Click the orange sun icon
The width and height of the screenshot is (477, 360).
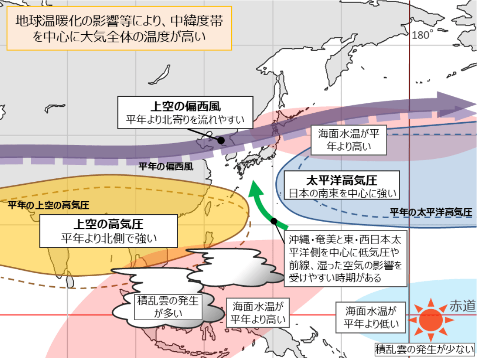(x=431, y=320)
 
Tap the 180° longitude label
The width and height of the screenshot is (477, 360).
(x=423, y=35)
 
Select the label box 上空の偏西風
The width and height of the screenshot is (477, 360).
(x=186, y=112)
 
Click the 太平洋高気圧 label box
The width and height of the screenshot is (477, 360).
(x=341, y=185)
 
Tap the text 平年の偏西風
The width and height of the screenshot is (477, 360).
(x=166, y=166)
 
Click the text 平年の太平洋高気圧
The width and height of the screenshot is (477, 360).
(x=431, y=212)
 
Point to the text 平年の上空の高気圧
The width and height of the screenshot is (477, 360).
(x=49, y=205)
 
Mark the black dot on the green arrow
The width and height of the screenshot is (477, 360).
(x=274, y=221)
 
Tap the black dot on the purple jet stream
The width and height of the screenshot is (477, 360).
(x=221, y=140)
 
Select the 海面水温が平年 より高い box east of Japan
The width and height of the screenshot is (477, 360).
(x=349, y=140)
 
